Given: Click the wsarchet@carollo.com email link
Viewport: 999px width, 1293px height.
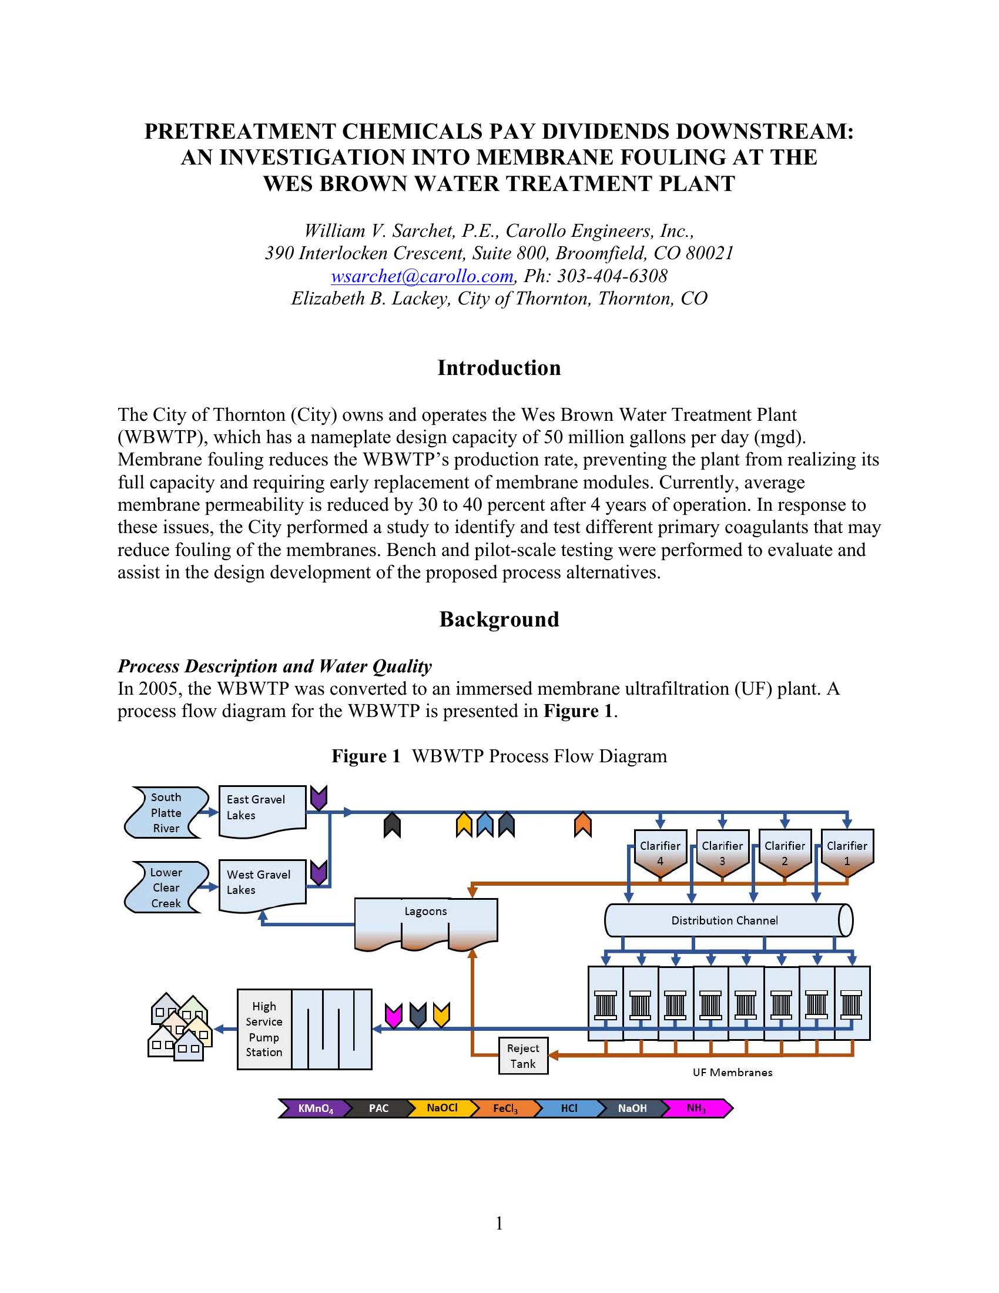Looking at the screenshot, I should (422, 276).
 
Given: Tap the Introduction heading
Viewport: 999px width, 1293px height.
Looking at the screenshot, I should (499, 368).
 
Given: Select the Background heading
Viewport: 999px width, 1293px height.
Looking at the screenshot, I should (499, 619).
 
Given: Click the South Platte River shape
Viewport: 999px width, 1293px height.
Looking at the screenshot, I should (166, 813).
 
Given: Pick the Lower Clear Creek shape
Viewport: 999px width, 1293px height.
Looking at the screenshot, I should (166, 887).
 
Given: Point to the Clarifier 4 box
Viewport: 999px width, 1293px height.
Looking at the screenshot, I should (660, 853).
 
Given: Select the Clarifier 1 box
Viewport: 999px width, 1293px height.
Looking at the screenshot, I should (847, 853).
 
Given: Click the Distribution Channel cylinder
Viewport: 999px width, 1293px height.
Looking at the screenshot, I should (725, 920).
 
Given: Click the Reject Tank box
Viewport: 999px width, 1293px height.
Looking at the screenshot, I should (523, 1056).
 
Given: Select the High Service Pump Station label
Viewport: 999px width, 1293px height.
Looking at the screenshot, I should (264, 1030).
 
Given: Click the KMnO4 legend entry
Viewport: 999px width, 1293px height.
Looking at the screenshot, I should (315, 1108).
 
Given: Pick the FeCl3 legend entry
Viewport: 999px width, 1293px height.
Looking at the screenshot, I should (505, 1108).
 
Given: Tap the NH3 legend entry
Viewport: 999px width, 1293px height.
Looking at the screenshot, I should (696, 1108).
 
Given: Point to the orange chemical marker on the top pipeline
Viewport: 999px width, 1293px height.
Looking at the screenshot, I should (583, 825).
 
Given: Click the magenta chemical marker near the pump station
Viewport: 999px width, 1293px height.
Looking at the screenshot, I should (394, 1015).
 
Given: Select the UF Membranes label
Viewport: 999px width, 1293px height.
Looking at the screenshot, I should (732, 1072).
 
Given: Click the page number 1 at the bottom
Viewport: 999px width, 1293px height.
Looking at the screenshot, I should (499, 1222).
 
